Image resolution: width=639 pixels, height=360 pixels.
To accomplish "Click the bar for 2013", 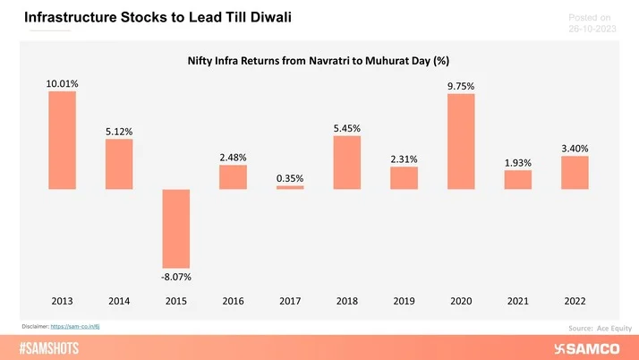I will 62,141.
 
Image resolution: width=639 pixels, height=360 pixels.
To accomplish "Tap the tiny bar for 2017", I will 290,187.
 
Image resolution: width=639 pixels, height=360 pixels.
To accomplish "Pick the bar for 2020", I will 461,141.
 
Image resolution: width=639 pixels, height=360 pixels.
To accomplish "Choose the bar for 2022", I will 575,173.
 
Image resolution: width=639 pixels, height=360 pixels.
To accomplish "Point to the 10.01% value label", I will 62,83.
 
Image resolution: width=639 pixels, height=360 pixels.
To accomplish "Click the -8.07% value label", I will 175,278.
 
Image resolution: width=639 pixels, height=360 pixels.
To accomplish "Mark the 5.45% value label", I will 346,128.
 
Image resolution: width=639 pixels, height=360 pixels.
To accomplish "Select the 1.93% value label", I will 517,163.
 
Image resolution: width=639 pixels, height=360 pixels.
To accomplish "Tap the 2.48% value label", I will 233,158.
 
